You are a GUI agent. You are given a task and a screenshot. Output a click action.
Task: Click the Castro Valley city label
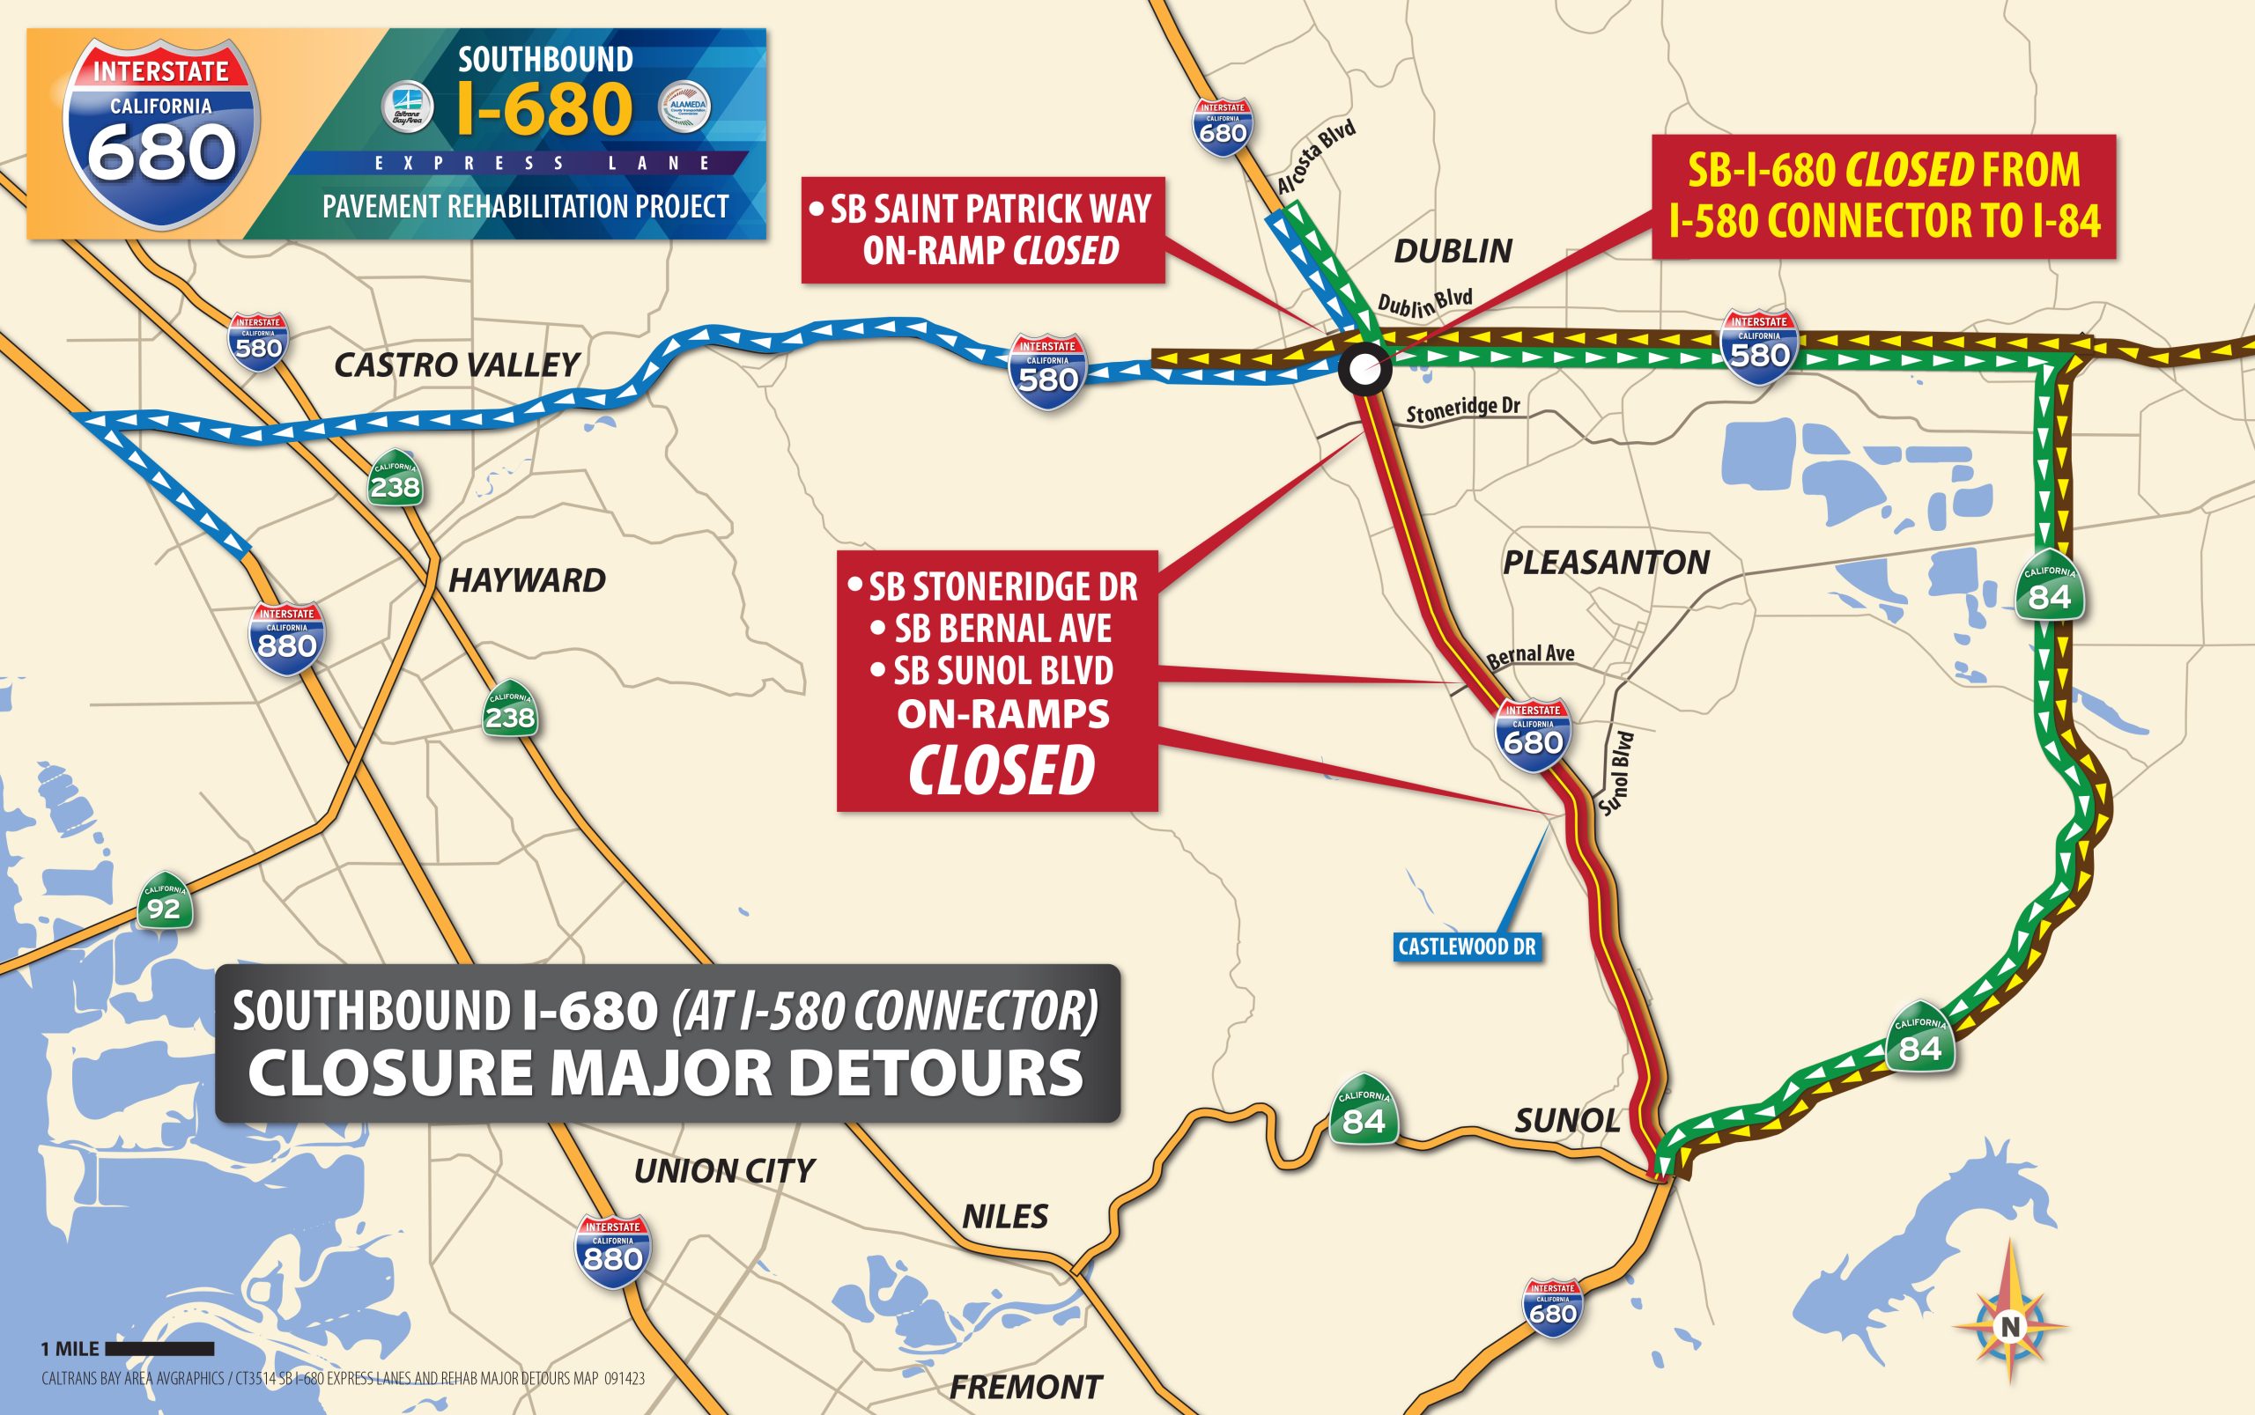457,365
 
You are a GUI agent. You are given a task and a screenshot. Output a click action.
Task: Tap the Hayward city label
527,580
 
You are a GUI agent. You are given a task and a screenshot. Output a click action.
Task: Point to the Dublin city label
1453,251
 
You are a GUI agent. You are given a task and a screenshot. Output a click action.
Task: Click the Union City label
723,1171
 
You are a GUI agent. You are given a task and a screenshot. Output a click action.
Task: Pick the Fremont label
1026,1387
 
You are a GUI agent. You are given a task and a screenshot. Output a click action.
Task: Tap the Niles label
1004,1217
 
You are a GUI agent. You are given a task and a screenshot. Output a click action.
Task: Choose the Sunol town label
1567,1120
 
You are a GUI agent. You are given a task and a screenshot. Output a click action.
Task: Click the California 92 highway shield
164,903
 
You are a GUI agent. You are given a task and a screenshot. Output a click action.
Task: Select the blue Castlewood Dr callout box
1466,947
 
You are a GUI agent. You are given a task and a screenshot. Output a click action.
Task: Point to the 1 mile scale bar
159,1349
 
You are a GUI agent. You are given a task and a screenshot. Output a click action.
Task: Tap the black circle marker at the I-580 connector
1364,370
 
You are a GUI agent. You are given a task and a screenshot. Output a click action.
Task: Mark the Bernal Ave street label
1530,654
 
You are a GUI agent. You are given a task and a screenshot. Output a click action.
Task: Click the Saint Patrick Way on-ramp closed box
983,229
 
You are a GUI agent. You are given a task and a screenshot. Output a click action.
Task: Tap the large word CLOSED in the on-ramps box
1001,770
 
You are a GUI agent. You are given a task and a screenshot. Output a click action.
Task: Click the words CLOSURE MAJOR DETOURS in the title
666,1072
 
